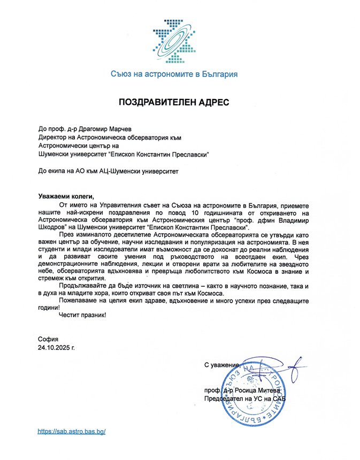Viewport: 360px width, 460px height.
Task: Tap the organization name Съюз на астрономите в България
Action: click(x=174, y=74)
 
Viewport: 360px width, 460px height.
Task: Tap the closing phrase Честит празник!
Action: click(x=83, y=316)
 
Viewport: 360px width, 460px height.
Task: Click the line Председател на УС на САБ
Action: click(x=245, y=399)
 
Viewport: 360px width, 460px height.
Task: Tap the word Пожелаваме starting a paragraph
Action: click(x=80, y=301)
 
